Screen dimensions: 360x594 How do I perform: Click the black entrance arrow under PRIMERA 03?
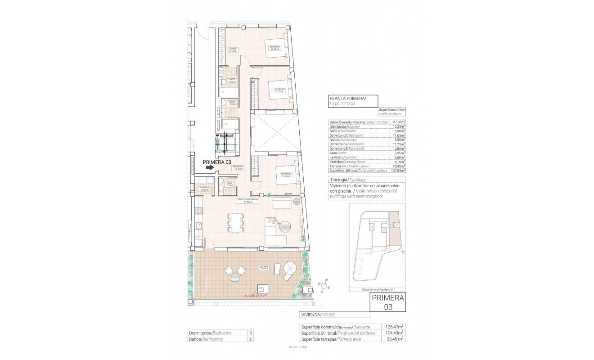(x=209, y=167)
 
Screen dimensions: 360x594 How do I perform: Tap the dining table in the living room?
(x=236, y=223)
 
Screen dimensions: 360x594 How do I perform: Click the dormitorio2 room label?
(x=279, y=90)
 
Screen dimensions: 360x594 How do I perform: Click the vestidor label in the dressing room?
(x=233, y=49)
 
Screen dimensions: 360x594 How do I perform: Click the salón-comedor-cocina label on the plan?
(x=248, y=201)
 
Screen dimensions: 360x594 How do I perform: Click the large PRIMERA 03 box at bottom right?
(x=387, y=302)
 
